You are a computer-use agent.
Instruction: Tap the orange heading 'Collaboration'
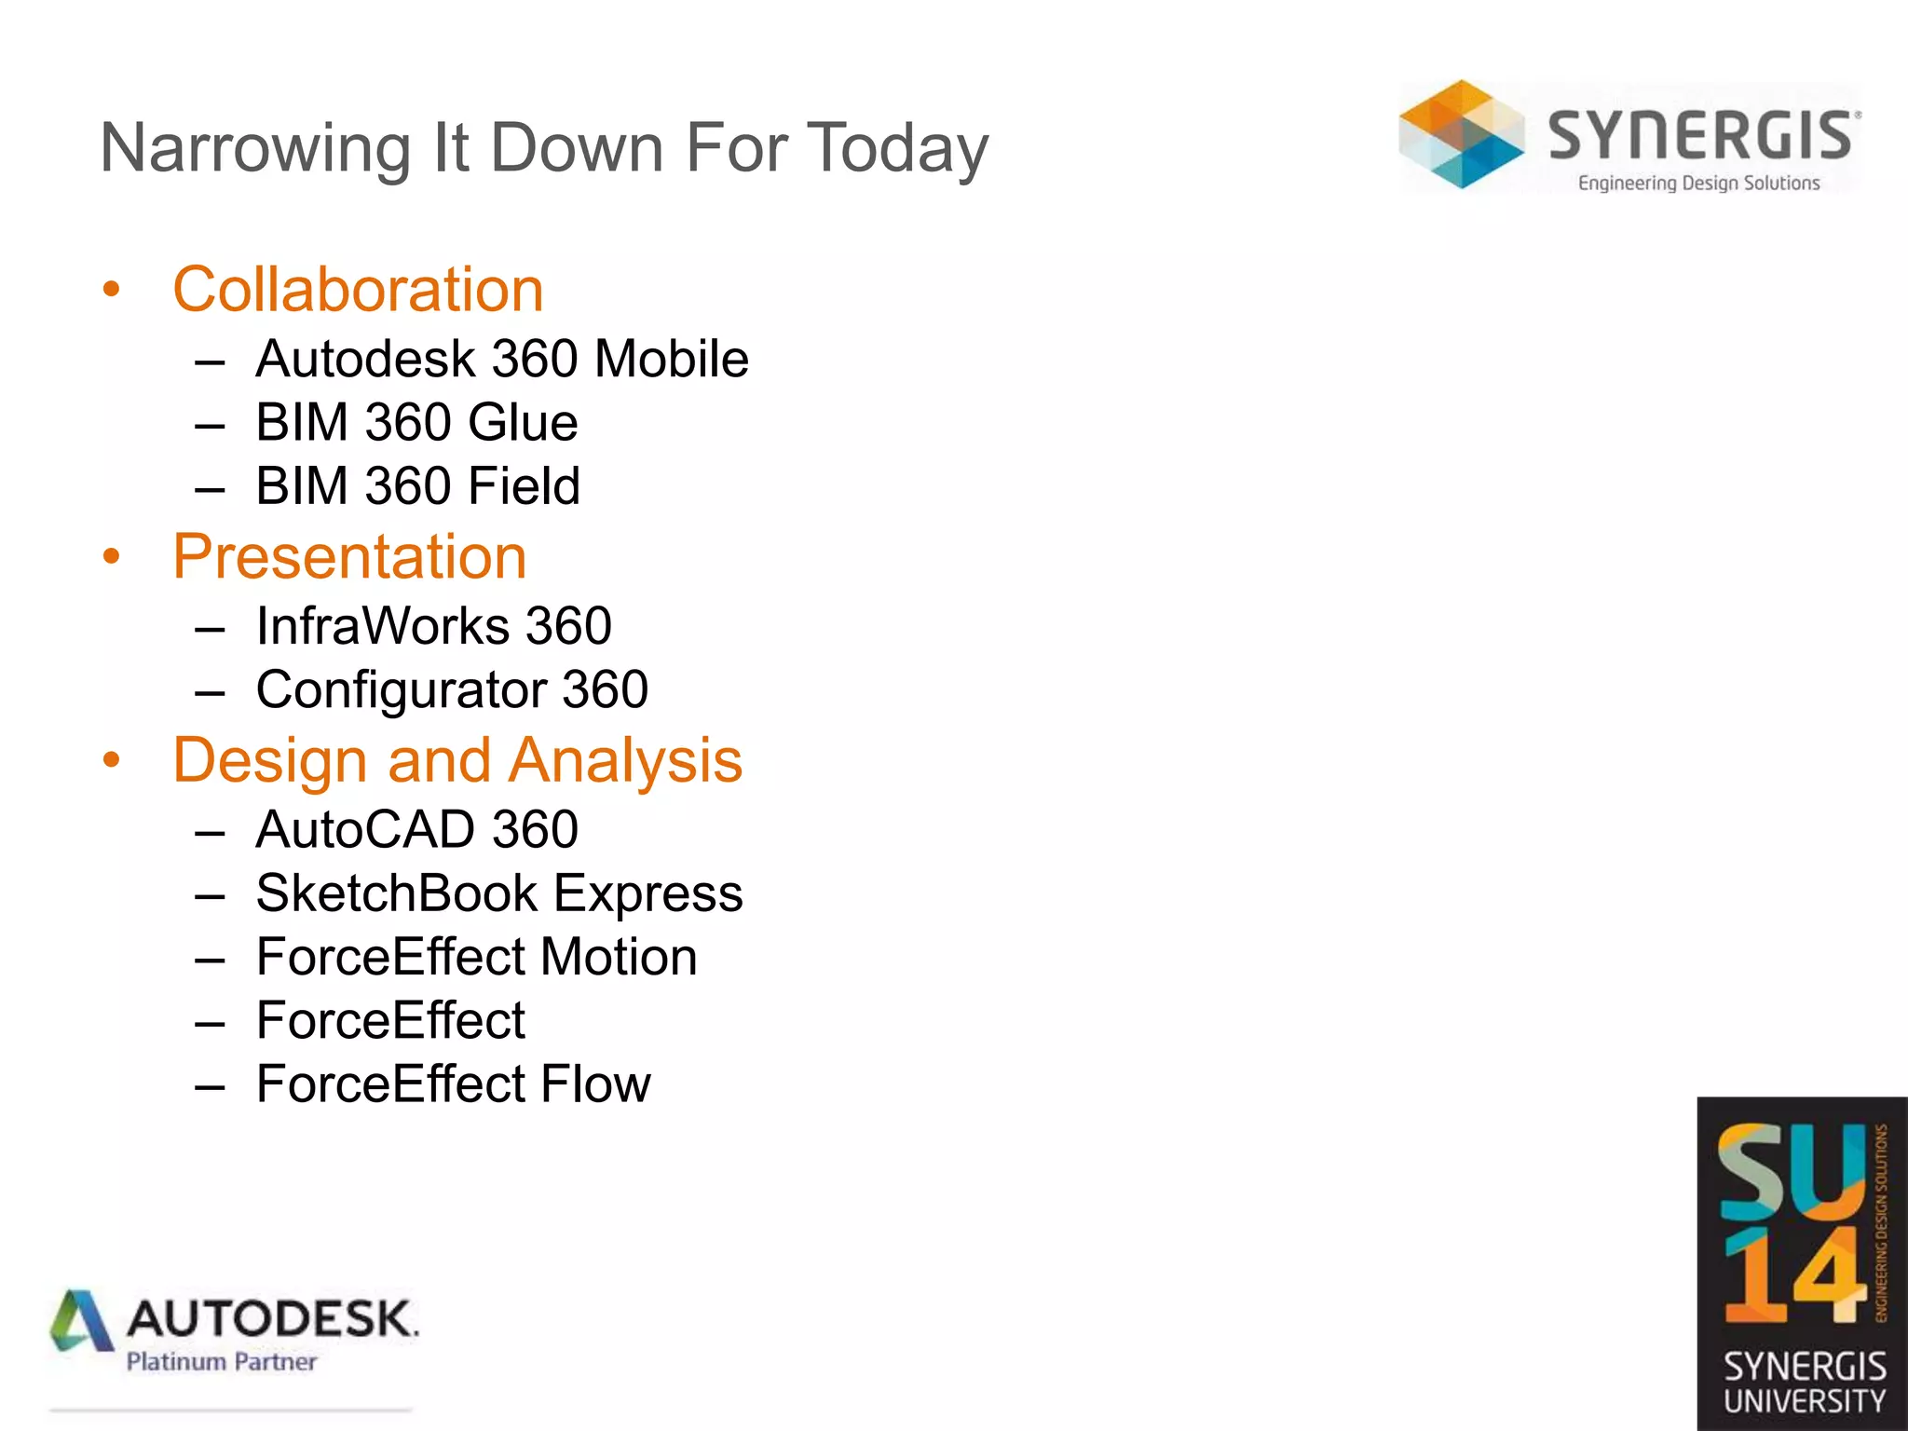(358, 290)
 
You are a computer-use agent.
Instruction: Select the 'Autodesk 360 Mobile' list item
(501, 360)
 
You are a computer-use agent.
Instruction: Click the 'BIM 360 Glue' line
(416, 423)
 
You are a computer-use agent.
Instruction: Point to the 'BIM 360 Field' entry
(417, 486)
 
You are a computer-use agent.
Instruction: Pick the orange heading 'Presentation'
(349, 557)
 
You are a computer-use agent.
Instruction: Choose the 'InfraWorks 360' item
(433, 626)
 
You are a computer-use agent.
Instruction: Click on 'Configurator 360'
(452, 690)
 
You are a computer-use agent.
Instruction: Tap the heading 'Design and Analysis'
(457, 761)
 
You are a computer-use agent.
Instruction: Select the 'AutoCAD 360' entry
(416, 830)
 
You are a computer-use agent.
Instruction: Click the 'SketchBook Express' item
(499, 894)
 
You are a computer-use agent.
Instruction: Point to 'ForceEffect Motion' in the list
(476, 958)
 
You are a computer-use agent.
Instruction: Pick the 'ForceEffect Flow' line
(453, 1084)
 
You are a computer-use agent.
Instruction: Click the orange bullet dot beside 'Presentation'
(112, 557)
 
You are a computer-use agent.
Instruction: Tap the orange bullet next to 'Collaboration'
(112, 290)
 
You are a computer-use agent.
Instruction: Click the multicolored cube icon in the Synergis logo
(1461, 135)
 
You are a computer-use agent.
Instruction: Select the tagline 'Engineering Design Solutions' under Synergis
(1698, 184)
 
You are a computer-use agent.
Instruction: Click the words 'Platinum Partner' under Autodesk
(222, 1362)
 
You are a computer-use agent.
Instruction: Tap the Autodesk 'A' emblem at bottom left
(81, 1321)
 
